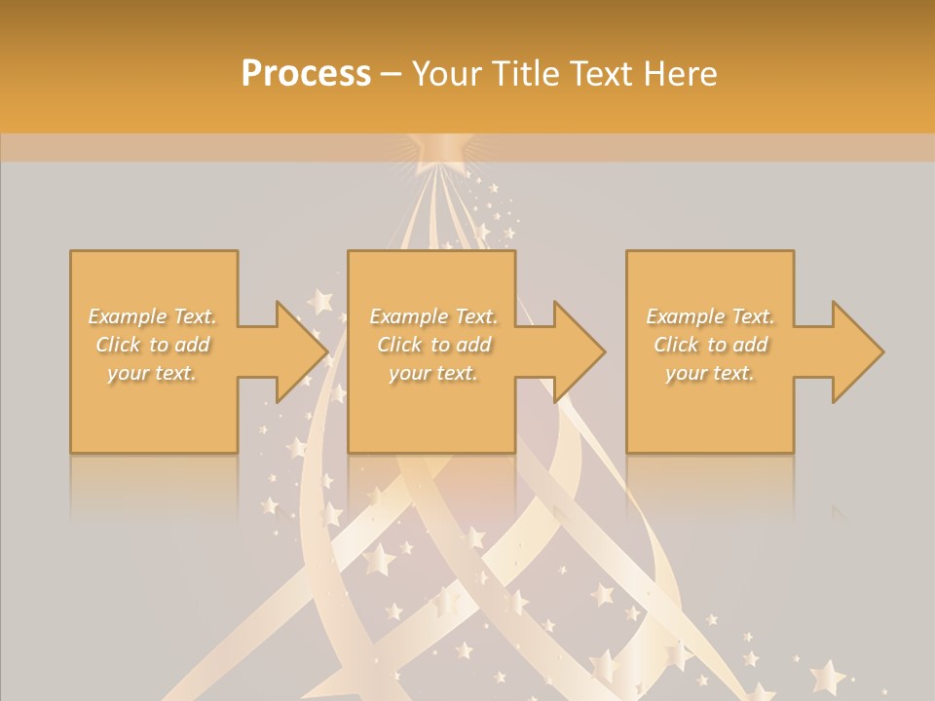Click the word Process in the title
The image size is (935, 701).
(306, 74)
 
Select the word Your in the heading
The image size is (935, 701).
(447, 74)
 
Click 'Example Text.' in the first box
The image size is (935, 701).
(152, 316)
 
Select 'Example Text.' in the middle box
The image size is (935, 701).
(433, 316)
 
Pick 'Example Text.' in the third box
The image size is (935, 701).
(710, 316)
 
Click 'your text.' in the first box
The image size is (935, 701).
(152, 373)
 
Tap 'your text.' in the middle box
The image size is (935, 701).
(433, 373)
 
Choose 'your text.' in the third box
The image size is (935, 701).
(710, 373)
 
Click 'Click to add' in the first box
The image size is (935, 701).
(152, 345)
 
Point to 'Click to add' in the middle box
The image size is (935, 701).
(433, 345)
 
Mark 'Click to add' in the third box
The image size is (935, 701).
(710, 345)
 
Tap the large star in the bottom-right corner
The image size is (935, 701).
(828, 676)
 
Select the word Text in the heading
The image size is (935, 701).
(598, 74)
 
